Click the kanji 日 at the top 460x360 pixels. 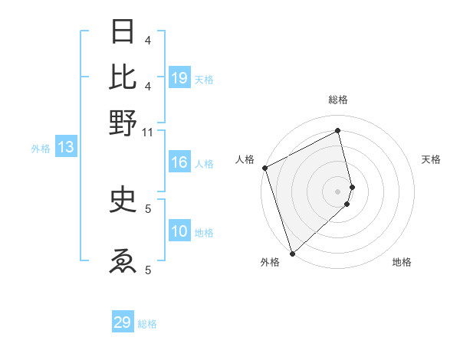tap(123, 31)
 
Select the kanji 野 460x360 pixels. tap(123, 122)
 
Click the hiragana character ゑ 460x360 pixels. tap(123, 260)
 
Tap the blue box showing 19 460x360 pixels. tap(179, 77)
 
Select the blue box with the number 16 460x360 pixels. tap(179, 162)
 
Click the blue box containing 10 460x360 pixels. tap(179, 232)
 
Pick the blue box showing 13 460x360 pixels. tap(65, 148)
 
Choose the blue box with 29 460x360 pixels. tap(123, 322)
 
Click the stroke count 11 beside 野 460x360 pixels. tap(147, 132)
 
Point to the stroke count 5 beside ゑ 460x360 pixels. tap(147, 270)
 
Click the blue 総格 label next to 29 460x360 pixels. tap(147, 324)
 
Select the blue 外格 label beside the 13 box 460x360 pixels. tap(40, 149)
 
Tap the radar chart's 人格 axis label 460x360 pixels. tap(245, 159)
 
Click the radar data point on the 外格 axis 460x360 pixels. tap(292, 253)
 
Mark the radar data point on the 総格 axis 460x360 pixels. tap(338, 131)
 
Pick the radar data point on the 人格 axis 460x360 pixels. tap(264, 168)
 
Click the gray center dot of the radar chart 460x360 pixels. tap(338, 191)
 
